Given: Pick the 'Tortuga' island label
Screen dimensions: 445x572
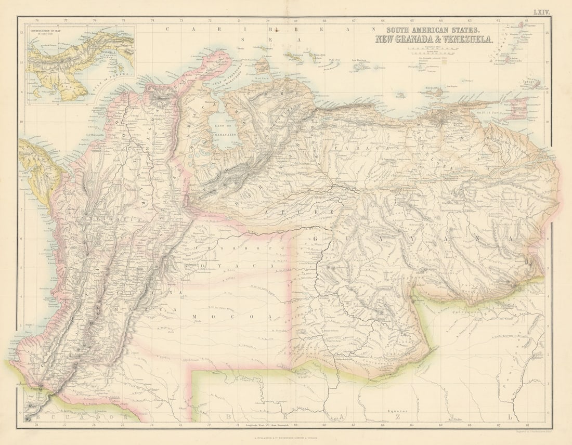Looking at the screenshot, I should (x=399, y=96).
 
